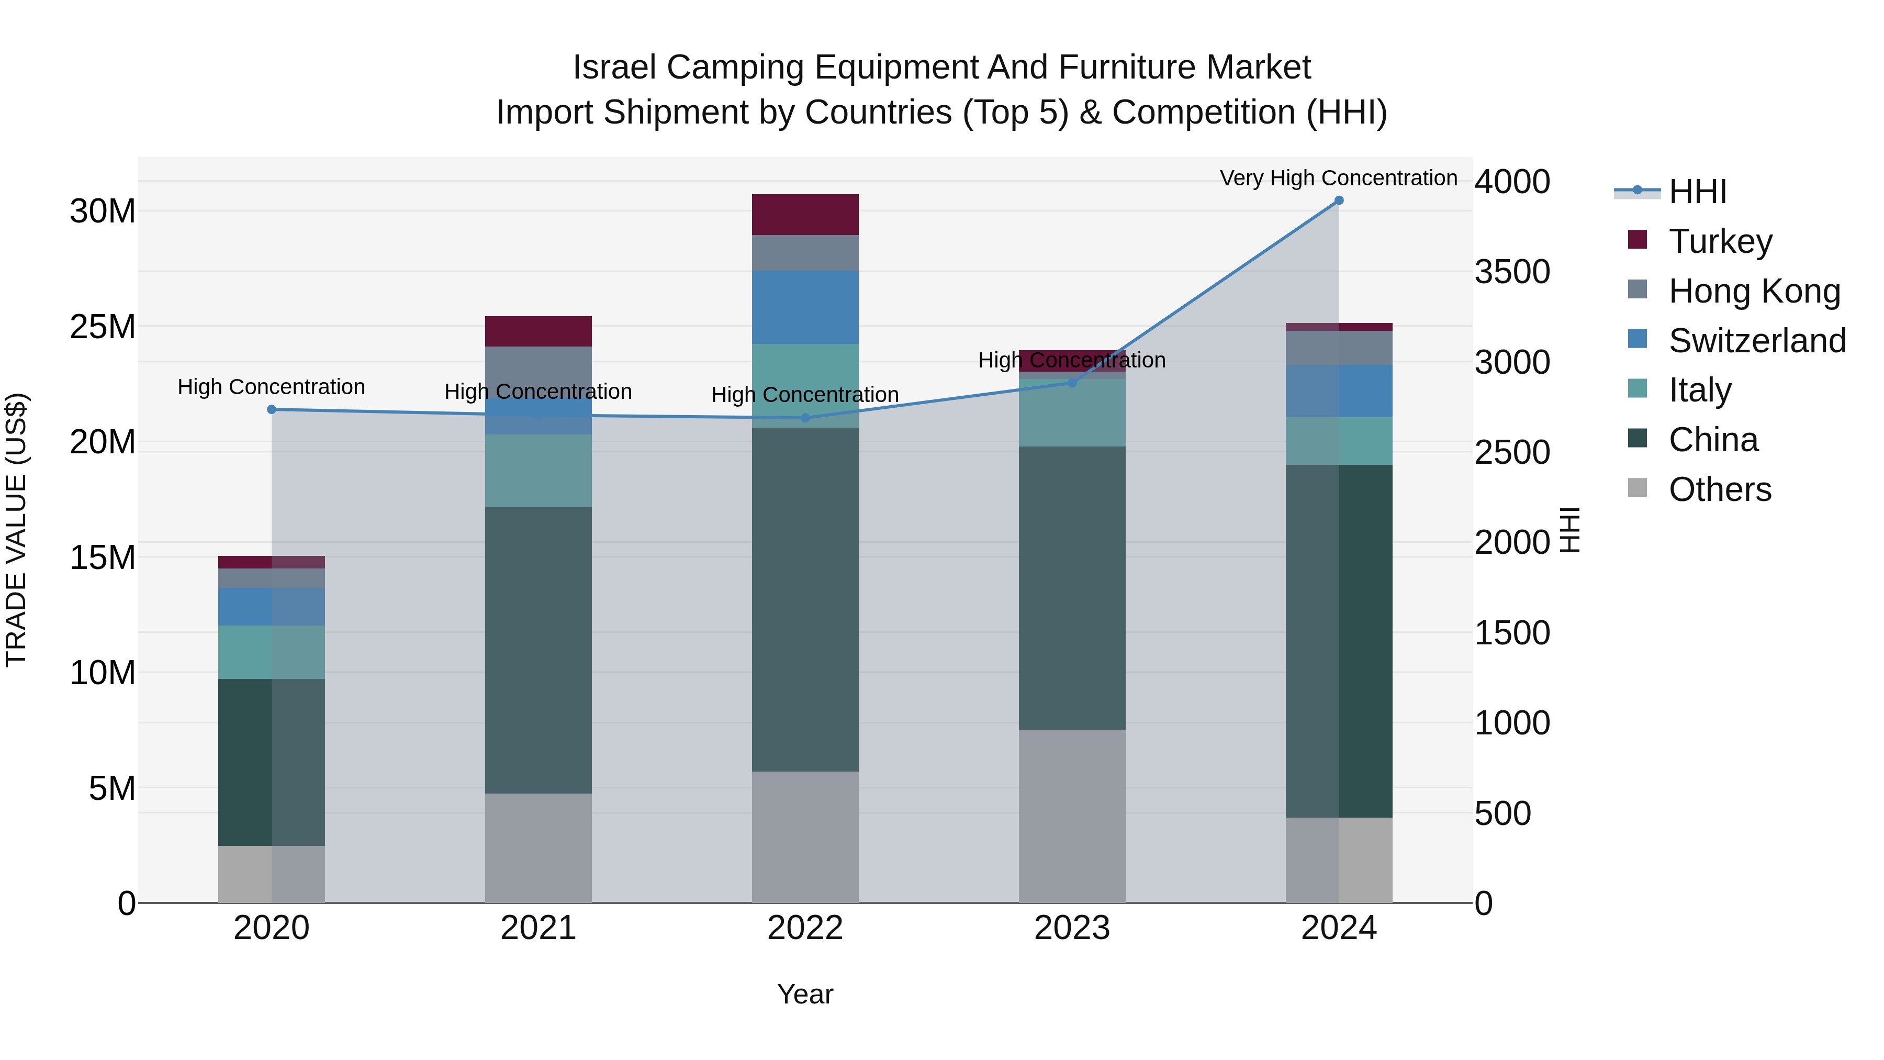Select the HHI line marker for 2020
(271, 410)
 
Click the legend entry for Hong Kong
(1753, 291)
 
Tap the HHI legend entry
(1697, 192)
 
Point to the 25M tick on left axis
(103, 327)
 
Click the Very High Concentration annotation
(1338, 178)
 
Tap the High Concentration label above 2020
(271, 387)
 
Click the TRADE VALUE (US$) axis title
(16, 530)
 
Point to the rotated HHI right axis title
(1569, 530)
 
